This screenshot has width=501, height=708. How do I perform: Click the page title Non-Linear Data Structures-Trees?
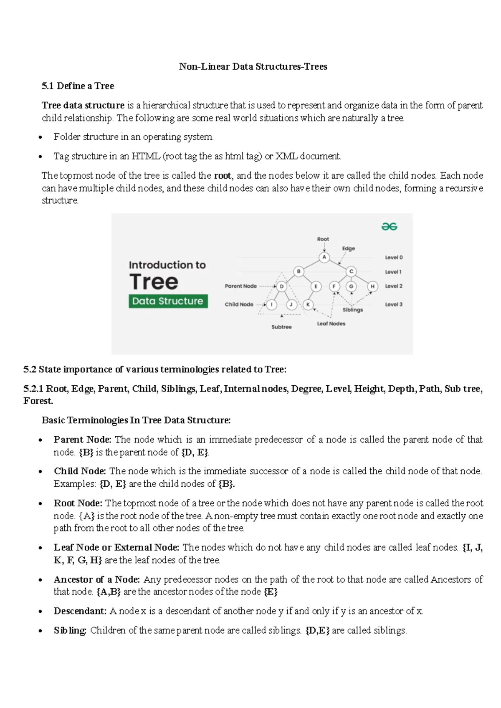253,67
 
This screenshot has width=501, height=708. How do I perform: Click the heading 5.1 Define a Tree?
78,86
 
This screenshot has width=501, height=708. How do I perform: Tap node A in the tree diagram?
324,257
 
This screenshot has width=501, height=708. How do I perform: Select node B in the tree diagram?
299,272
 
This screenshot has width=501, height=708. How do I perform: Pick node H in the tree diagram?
372,286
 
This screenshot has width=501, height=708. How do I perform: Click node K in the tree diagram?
308,304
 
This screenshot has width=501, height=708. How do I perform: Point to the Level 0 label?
393,258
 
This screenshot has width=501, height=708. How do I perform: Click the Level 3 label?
393,304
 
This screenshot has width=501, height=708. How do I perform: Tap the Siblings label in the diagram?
353,310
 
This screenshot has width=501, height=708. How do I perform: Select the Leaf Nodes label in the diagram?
331,324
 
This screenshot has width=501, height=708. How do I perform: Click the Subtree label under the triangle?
281,327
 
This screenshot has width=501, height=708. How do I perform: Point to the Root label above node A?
323,239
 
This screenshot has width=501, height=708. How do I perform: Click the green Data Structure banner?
167,301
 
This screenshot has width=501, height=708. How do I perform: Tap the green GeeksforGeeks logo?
389,227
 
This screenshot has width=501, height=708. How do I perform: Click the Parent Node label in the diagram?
240,286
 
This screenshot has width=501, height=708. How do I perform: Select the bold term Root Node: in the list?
78,503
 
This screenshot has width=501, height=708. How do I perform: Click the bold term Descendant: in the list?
80,611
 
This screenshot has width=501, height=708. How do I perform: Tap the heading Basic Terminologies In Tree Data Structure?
136,420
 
